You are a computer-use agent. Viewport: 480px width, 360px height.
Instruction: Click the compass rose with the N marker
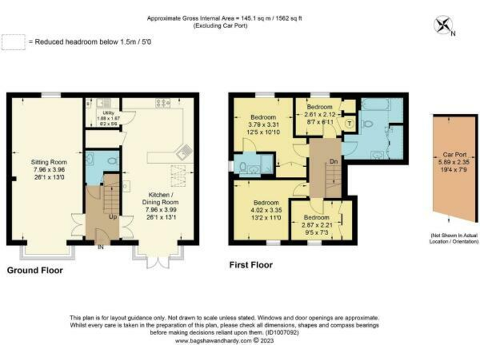[443, 26]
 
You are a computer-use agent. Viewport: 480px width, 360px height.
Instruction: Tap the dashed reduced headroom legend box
[12, 42]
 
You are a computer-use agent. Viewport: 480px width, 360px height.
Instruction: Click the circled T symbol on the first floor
[349, 124]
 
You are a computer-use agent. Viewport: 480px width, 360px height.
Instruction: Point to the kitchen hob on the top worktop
[164, 102]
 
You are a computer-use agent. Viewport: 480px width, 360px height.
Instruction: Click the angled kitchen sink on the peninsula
[184, 150]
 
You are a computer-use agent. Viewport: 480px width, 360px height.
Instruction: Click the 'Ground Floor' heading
[35, 271]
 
